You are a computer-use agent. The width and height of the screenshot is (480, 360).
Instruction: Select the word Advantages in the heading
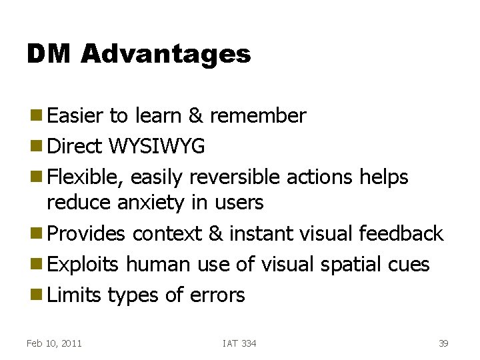[x=166, y=54]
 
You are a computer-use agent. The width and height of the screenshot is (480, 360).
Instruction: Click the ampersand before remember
[x=196, y=116]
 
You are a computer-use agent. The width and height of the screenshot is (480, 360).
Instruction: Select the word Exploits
[x=83, y=265]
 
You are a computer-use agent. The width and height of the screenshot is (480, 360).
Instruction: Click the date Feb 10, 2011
[x=54, y=343]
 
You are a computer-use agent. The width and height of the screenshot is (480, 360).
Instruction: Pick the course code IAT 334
[x=239, y=343]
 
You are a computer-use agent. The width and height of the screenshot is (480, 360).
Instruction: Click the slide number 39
[x=443, y=343]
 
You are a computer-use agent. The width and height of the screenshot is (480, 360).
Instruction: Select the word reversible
[x=235, y=177]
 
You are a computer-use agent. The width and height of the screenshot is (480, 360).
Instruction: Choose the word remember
[x=257, y=116]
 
